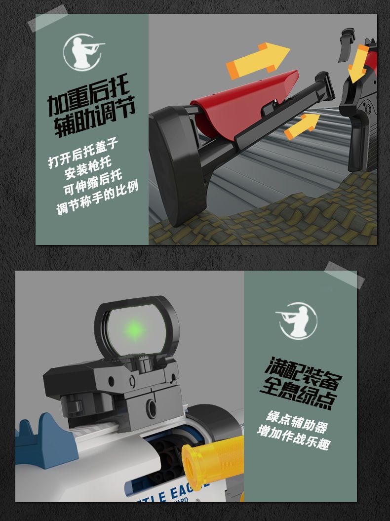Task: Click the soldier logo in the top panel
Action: (83, 52)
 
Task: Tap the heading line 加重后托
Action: (88, 96)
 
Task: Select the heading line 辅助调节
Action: (94, 116)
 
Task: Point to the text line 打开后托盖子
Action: (83, 153)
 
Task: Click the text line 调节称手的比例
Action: (97, 198)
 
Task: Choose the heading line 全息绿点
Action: (299, 393)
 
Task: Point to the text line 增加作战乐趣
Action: (293, 438)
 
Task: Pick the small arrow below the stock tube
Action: (302, 125)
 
